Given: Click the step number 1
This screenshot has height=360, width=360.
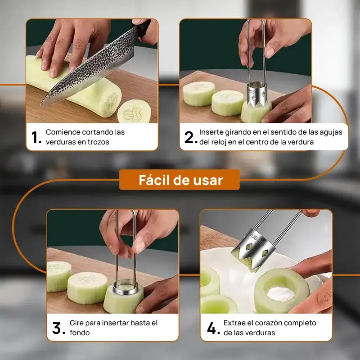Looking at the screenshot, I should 36,137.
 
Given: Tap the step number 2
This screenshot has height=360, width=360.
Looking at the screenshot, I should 190,137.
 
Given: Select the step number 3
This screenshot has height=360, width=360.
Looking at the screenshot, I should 58,328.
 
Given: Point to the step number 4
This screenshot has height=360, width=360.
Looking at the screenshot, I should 212,328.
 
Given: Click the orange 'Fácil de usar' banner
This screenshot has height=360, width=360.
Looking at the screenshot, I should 180,180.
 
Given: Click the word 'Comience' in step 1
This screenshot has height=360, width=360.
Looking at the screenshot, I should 63,132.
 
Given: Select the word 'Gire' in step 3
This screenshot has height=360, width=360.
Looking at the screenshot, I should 77,323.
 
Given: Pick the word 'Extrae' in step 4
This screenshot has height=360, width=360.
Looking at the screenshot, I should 235,323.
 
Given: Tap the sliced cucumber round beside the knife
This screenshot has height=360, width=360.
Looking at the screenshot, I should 134,112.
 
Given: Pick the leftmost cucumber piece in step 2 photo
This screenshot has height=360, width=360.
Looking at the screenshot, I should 198,94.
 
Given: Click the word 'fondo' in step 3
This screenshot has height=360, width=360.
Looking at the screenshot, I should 80,333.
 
